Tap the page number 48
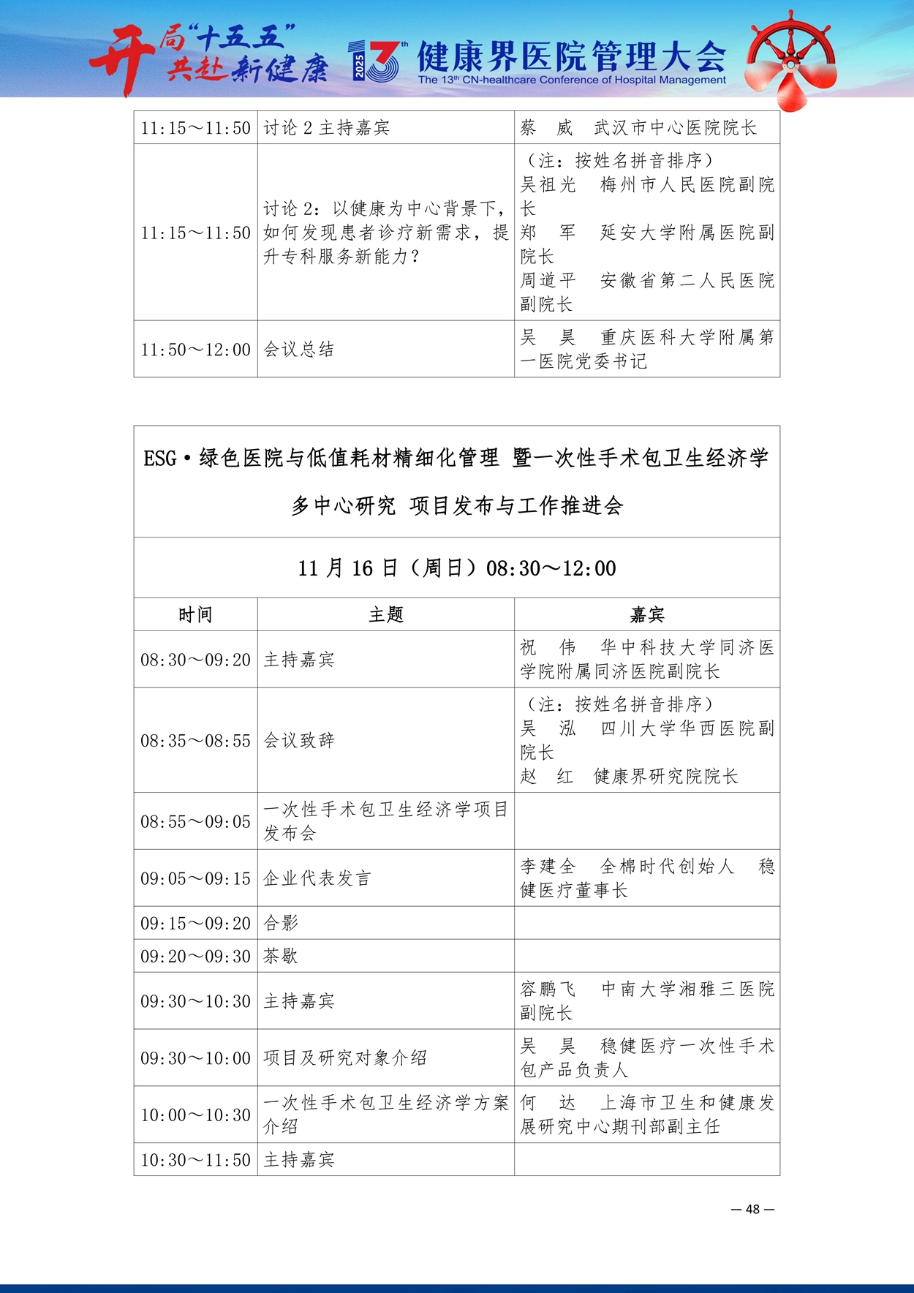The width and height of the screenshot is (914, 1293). [x=752, y=1209]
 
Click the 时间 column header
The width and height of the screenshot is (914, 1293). [x=195, y=614]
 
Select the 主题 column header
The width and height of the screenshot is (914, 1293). [x=385, y=614]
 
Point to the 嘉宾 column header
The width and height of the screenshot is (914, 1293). [x=646, y=614]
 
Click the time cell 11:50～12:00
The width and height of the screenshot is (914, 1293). [x=195, y=350]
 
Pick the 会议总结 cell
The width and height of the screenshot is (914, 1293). [x=298, y=350]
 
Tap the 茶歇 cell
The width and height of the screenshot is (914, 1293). [x=281, y=956]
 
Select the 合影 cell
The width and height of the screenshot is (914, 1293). [x=281, y=923]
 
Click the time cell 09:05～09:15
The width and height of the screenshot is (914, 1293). [x=195, y=878]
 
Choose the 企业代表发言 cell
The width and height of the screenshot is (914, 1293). [x=317, y=878]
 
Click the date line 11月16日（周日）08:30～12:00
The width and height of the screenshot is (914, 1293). [x=456, y=568]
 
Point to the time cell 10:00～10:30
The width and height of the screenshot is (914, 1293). [x=195, y=1115]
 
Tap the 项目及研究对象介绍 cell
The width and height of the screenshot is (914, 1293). [x=344, y=1058]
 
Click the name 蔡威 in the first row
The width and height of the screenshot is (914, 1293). [x=546, y=128]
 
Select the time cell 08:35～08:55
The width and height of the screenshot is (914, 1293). [x=195, y=740]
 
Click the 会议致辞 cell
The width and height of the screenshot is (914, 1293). [x=298, y=740]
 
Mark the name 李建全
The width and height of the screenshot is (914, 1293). [x=548, y=867]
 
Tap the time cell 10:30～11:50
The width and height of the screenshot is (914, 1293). [x=195, y=1160]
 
